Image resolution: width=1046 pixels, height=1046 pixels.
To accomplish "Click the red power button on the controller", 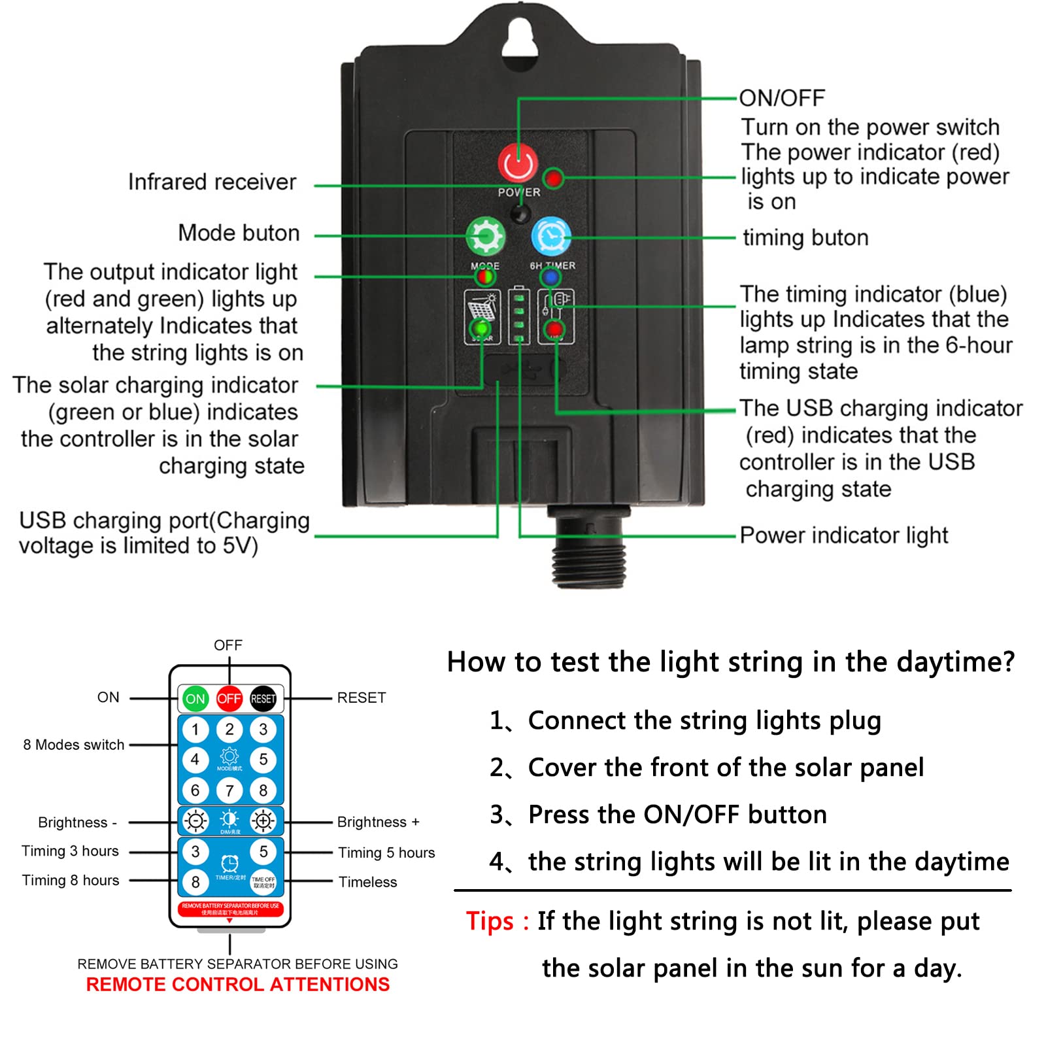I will [518, 163].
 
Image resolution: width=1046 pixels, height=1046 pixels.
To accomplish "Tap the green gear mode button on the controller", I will [485, 236].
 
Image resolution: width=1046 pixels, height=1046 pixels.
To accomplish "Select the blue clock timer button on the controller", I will [551, 236].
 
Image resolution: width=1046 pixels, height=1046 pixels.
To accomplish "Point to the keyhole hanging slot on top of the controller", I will [520, 41].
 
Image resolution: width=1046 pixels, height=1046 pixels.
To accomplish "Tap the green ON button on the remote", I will [195, 698].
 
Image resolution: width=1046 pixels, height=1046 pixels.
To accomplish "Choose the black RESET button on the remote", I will [263, 698].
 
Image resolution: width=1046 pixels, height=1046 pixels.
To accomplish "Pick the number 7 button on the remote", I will [229, 790].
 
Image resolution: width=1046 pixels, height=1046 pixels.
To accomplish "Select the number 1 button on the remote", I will [195, 730].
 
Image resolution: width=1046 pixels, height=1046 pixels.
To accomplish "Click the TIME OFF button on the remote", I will [263, 882].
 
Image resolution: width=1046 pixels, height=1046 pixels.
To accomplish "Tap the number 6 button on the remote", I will [195, 790].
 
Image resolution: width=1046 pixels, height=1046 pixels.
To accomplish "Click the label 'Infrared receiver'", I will [212, 182].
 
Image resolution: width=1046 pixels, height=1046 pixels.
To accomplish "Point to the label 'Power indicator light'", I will [843, 535].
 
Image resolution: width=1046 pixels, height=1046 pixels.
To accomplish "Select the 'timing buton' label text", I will [805, 238].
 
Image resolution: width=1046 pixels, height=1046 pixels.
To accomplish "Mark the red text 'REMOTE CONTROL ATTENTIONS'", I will [237, 985].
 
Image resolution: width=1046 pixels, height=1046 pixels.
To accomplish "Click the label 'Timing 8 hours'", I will [71, 881].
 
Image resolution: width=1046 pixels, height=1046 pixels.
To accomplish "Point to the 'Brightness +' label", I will [378, 822].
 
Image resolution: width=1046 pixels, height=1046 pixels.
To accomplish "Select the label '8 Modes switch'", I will [73, 745].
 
